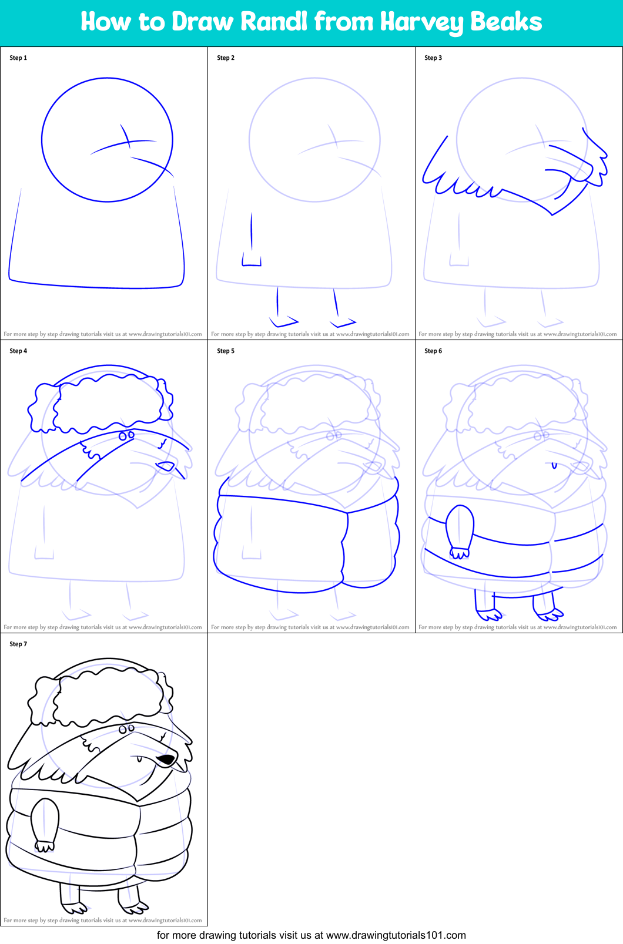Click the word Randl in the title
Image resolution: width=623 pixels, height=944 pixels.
274,22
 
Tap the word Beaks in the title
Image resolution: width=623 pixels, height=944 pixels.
506,22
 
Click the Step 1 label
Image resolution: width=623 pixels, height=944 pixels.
18,58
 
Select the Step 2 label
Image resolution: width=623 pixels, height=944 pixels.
226,58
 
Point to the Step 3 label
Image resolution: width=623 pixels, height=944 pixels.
433,58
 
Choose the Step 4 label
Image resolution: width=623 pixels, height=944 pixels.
18,351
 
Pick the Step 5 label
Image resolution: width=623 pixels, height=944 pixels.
226,351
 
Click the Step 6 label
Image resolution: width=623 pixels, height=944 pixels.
433,351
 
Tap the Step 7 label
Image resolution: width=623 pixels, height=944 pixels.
18,644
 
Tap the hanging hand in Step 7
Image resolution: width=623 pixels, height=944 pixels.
44,846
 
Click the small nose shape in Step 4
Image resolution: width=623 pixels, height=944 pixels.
166,466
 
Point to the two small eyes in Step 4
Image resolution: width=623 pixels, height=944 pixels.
126,435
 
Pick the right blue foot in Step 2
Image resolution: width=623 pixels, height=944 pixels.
343,322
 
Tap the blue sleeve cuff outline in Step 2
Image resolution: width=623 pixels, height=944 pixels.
252,260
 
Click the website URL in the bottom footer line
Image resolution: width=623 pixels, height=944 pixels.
396,935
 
